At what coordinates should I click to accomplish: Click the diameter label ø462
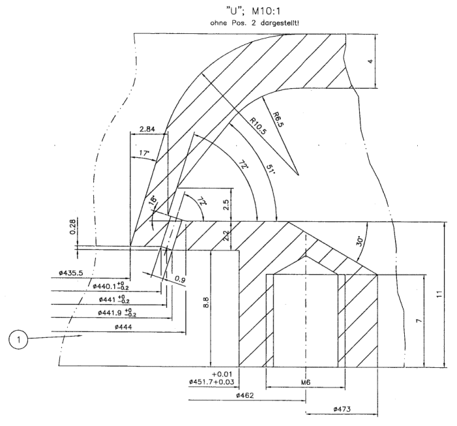coord(248,395)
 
